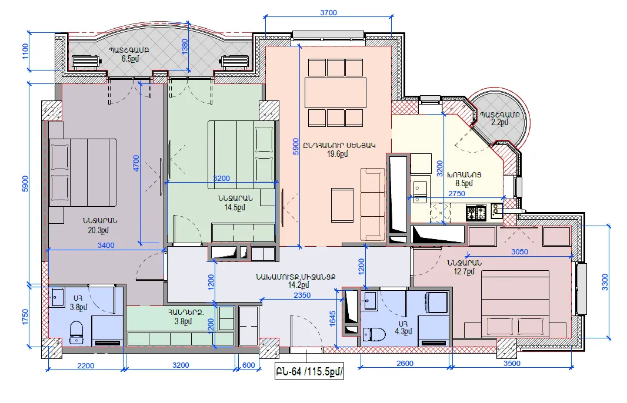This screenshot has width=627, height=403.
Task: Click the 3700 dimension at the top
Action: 328,13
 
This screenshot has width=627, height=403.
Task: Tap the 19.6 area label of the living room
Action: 338,154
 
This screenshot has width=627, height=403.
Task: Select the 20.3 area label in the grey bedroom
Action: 98,230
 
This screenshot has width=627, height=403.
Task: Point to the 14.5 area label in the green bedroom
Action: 235,207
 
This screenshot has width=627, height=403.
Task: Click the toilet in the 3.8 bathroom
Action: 76,331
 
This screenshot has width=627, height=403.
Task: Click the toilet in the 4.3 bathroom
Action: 373,334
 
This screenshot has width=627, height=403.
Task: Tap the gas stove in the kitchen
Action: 476,212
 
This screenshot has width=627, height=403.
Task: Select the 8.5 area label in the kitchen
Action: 464,183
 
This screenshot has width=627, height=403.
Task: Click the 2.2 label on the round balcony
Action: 499,123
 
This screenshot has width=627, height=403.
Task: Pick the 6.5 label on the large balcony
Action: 131,59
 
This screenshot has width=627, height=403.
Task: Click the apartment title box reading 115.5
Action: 309,372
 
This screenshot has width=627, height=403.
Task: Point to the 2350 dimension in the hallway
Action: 302,295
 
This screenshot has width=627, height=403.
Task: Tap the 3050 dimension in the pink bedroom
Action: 519,251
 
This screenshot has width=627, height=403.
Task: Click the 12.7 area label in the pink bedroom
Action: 464,271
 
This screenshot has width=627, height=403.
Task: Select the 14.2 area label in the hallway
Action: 299,285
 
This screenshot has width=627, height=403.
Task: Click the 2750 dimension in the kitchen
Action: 456,194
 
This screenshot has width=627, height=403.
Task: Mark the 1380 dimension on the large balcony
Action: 185,47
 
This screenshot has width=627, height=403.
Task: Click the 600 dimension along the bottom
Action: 248,365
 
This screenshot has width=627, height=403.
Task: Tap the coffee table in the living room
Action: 342,205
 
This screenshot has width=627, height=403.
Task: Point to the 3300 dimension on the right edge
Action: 605,282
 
